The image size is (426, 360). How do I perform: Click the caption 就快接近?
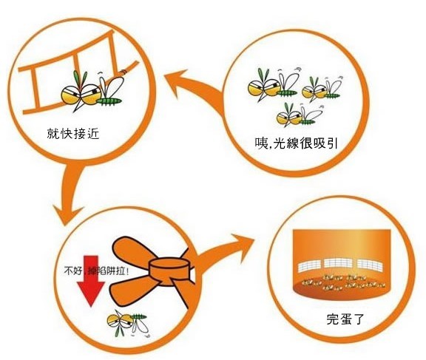[73, 133]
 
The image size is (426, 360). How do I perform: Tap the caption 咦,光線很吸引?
[296, 143]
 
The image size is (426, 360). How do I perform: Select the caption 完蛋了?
[345, 319]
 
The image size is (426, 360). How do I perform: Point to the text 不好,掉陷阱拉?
[96, 271]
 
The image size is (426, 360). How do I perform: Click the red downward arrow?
[91, 281]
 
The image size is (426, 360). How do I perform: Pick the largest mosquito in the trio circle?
[273, 84]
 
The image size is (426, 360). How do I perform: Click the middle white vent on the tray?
[338, 263]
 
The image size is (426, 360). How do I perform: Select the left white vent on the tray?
[309, 266]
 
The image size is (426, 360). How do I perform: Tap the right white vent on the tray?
[370, 265]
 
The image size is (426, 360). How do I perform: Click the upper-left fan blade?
[132, 251]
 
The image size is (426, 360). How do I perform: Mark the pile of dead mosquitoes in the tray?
[344, 282]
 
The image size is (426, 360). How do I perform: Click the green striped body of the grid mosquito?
[109, 101]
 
